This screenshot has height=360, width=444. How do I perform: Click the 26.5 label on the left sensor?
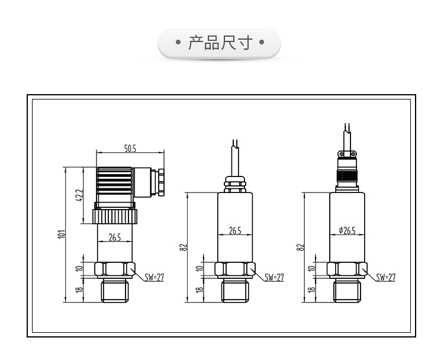(x=115, y=237)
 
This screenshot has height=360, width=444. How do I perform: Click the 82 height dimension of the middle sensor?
(x=183, y=247)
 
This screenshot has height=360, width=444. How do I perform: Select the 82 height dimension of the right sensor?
(x=300, y=247)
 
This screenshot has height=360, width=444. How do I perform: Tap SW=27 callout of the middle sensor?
(x=274, y=277)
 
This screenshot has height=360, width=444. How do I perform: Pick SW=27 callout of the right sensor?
(x=385, y=277)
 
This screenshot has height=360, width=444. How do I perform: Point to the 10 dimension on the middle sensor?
(x=199, y=269)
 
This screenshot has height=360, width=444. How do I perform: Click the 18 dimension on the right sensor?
(x=311, y=290)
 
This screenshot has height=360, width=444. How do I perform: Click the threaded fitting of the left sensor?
(x=115, y=290)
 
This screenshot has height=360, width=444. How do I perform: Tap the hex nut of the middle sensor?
(x=236, y=269)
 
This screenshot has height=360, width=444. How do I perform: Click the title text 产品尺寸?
(x=220, y=43)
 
